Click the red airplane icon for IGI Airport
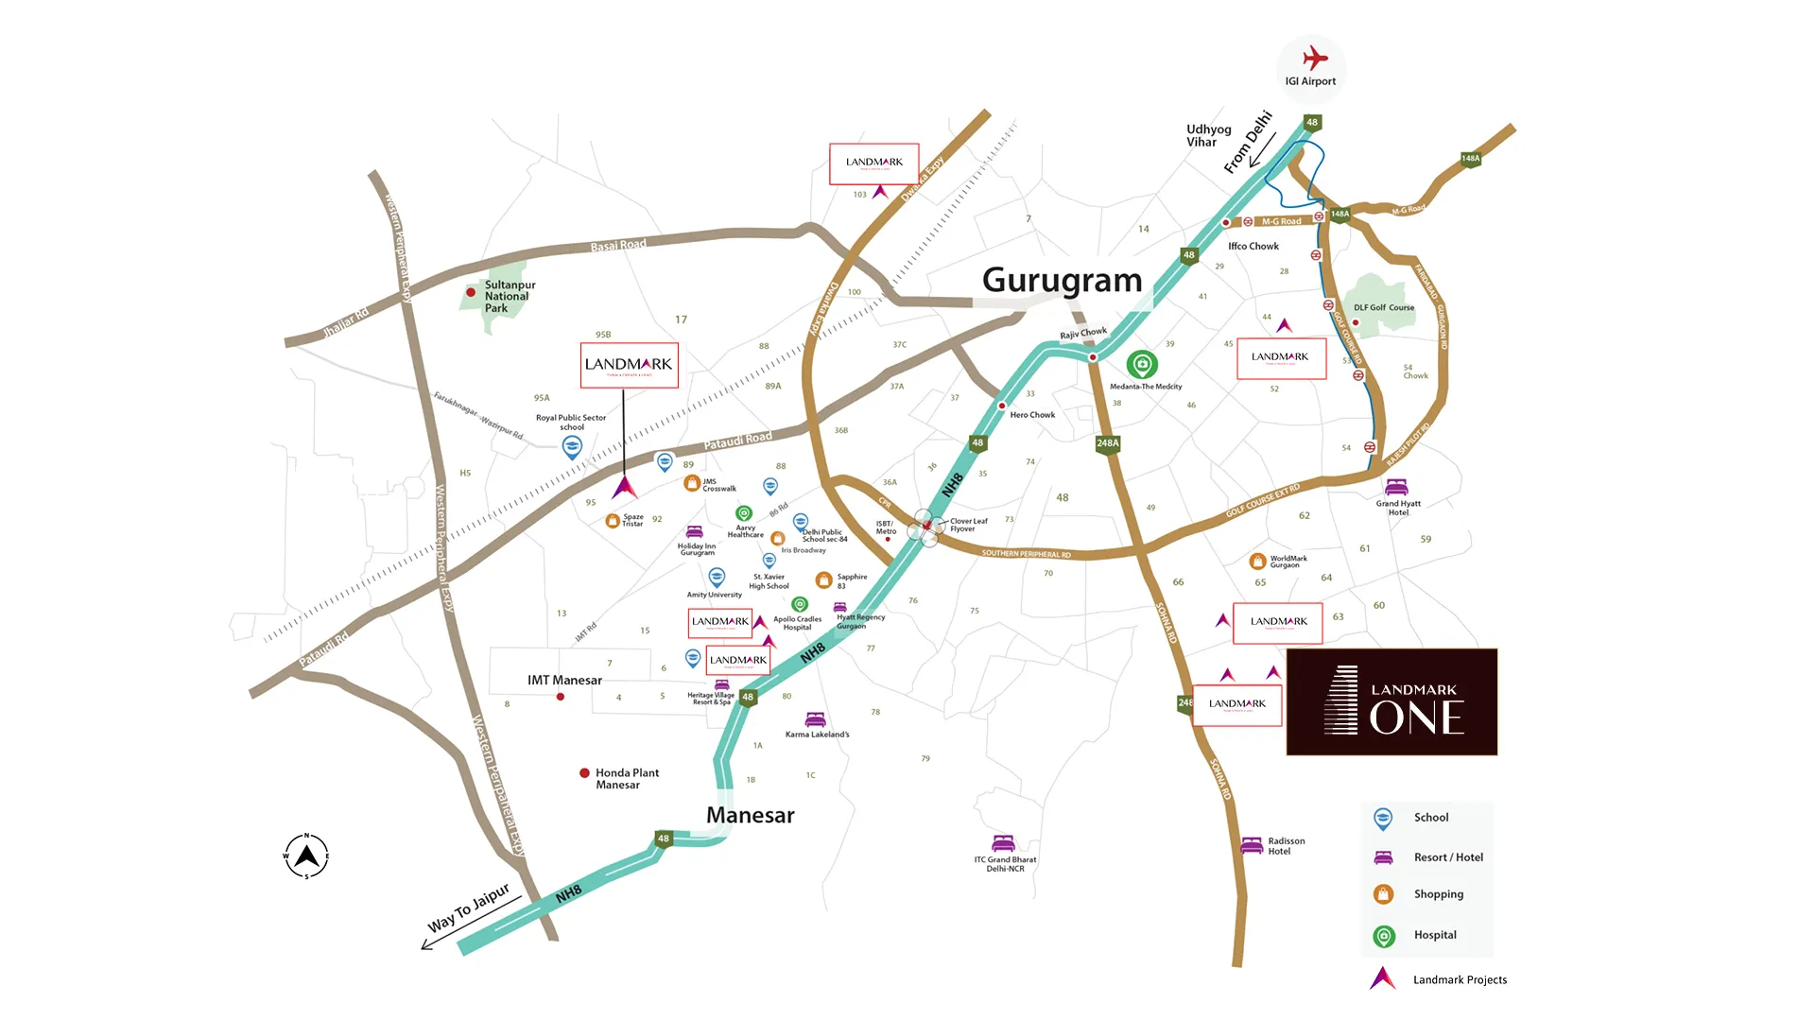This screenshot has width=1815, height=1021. click(x=1314, y=59)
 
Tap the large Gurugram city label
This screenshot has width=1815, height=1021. click(x=1062, y=281)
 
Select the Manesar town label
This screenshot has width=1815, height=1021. click(x=750, y=815)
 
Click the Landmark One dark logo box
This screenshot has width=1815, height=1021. click(x=1391, y=701)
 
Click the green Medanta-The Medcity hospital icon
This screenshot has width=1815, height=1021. click(x=1142, y=364)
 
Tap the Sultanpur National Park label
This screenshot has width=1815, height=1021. click(x=509, y=296)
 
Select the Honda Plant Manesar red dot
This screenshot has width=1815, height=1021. click(x=584, y=773)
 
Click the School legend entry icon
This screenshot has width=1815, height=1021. click(x=1383, y=819)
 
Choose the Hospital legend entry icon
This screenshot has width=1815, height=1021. click(x=1383, y=936)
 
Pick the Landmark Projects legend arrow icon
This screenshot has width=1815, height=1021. click(x=1382, y=978)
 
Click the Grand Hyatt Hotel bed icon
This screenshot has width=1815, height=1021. click(x=1396, y=487)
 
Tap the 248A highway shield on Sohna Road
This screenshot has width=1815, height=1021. click(x=1107, y=443)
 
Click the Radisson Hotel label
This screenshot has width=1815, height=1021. click(x=1286, y=846)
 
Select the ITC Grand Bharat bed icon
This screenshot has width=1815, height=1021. click(x=1003, y=842)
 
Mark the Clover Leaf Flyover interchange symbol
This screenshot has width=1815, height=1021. click(x=925, y=528)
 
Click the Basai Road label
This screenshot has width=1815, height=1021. click(x=618, y=246)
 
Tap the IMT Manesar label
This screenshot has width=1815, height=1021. click(x=564, y=680)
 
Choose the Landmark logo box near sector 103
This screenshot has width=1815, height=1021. click(x=873, y=164)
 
